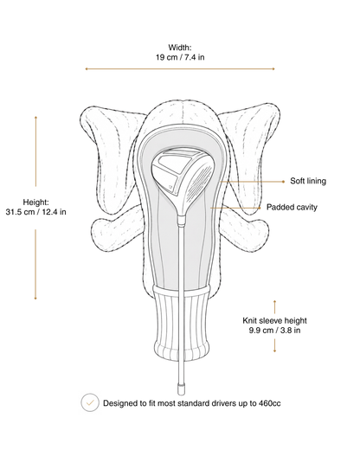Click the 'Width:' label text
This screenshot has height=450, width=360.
pos(180,48)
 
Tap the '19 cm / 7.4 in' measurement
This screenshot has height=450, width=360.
pos(180,57)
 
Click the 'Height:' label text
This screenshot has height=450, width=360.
pos(35,202)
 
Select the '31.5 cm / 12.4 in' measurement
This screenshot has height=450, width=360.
pos(35,212)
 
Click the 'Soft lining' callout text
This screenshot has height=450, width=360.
pos(308,181)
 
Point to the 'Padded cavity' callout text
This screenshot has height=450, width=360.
pos(292,207)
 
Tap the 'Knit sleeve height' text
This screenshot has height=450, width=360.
pos(274,320)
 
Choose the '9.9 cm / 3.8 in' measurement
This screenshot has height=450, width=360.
pos(274,331)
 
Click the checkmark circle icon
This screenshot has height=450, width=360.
pos(90,402)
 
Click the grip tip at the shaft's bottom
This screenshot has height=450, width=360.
pos(181,389)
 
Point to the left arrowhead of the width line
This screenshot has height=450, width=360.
pos(87,69)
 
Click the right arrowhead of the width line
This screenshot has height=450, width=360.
pos(273,69)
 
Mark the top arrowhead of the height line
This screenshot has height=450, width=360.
pos(35,118)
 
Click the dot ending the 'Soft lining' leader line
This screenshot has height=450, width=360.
pos(283,182)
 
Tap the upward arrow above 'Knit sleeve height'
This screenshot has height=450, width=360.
pos(274,307)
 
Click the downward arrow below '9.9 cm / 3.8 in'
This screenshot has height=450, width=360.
pos(274,345)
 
